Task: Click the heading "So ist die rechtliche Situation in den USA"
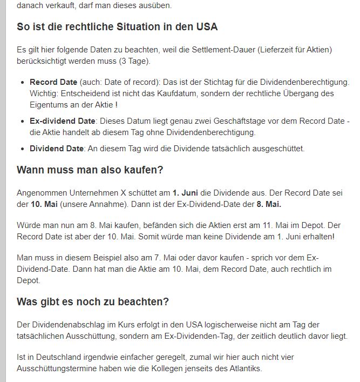117,27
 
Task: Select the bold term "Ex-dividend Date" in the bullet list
62,121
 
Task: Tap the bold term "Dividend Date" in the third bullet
56,149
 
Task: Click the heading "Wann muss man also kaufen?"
90,170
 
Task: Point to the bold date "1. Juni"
185,193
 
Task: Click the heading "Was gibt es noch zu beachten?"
93,301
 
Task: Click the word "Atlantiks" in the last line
244,368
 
